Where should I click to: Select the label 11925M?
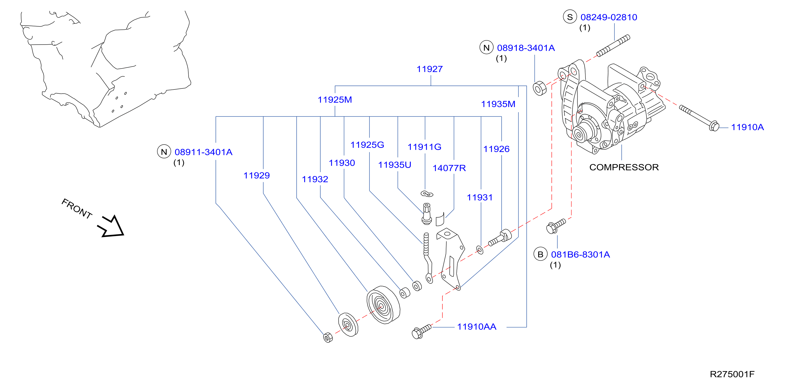(334, 100)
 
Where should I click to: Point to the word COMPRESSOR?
(624, 167)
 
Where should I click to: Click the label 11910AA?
(477, 326)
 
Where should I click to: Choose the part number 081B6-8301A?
(580, 255)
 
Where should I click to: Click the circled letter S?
(570, 17)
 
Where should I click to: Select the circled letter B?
(540, 254)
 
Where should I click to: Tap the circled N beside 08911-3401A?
(164, 152)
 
